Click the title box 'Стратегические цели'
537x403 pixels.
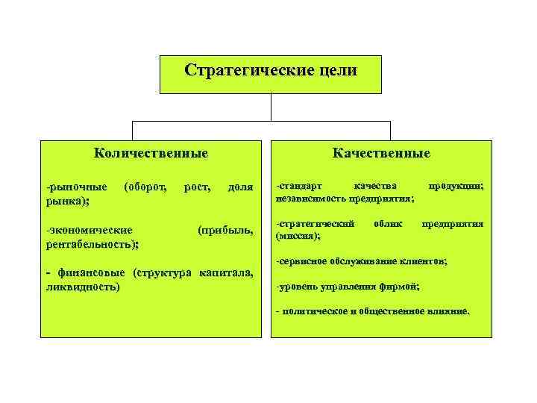(x=271, y=73)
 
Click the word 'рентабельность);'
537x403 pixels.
(x=92, y=243)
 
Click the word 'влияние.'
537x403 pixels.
(x=444, y=312)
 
